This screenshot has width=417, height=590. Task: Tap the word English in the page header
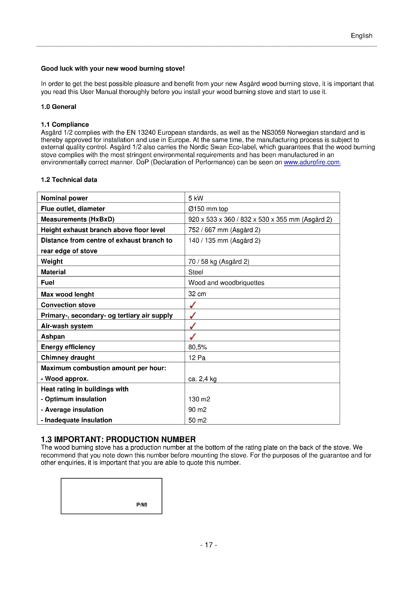point(361,36)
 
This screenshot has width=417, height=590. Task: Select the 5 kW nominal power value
point(196,198)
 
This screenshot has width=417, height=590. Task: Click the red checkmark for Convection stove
point(193,305)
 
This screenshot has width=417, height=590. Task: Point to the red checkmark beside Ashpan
point(193,336)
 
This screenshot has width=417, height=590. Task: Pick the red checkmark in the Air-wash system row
point(193,326)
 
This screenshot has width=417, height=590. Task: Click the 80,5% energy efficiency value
point(197,347)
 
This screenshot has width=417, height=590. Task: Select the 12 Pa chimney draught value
point(197,357)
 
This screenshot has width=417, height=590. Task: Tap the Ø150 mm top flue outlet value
point(208,209)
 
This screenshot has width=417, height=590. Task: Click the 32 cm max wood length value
point(197,294)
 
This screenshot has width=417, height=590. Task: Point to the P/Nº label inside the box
point(142,504)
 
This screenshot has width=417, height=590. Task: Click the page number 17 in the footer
point(209,545)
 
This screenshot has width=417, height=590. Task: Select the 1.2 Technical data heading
point(69,180)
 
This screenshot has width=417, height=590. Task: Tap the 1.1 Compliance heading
point(65,124)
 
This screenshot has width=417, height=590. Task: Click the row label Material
point(53,272)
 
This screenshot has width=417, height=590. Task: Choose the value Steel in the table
point(196,272)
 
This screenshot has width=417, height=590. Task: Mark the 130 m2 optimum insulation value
point(199,399)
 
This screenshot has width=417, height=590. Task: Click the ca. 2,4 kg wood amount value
point(202,379)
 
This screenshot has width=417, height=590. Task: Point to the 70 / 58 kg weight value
point(219,261)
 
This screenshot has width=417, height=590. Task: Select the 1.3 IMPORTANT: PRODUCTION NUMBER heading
point(118,439)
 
